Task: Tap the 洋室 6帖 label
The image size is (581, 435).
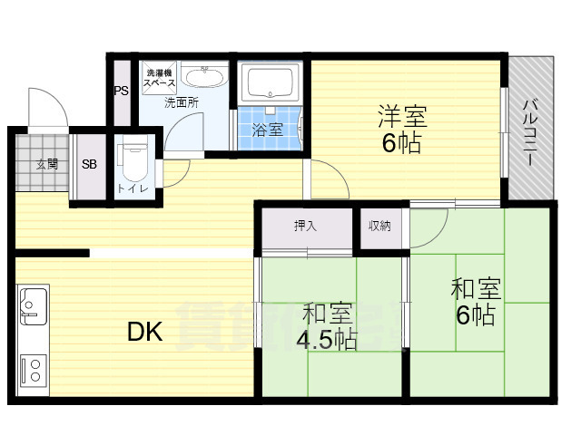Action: (x=401, y=130)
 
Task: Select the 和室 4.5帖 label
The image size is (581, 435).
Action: (x=327, y=326)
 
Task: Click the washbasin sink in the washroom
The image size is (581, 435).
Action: (x=204, y=78)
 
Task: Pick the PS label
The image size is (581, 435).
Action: (x=121, y=91)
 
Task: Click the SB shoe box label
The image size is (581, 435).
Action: (x=90, y=165)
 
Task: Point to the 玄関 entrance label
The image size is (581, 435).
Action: (x=47, y=164)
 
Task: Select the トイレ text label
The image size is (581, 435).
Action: (x=128, y=188)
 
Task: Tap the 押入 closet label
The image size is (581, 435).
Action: (x=305, y=226)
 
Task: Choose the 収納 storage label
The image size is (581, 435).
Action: (x=379, y=226)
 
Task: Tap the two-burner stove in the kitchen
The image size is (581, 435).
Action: (x=33, y=370)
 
